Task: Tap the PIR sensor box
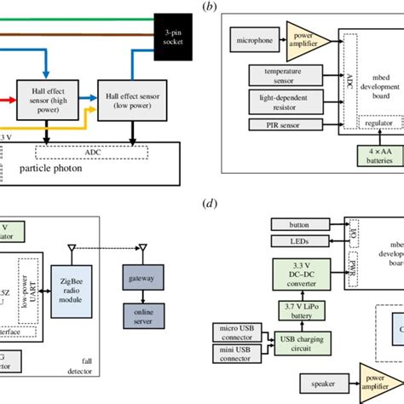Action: coord(283,126)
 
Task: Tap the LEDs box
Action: coord(299,242)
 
